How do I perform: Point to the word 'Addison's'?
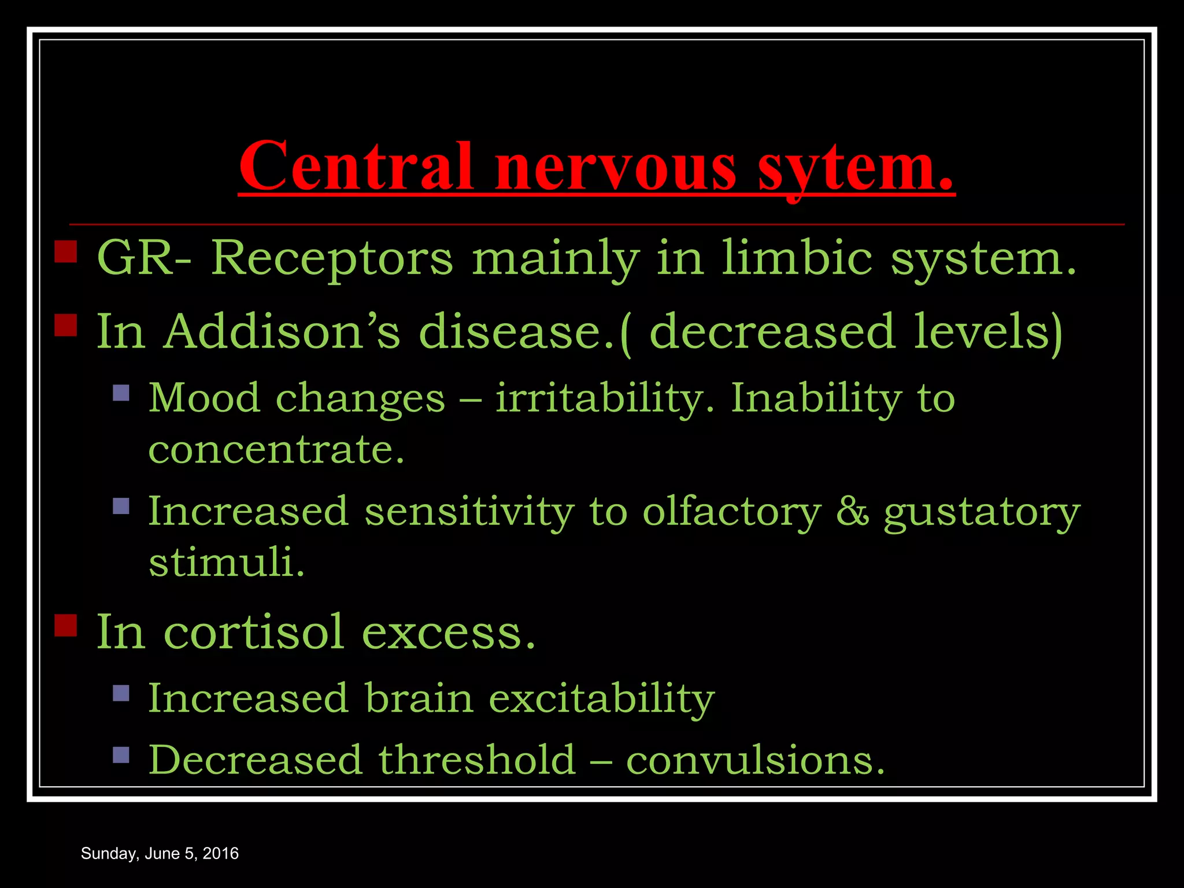(x=282, y=331)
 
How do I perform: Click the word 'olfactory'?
(x=731, y=512)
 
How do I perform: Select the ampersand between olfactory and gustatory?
(x=852, y=512)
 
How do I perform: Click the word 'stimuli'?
(x=226, y=562)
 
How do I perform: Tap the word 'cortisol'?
(x=254, y=632)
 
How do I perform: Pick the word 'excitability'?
(x=601, y=699)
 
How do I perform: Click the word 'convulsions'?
(x=755, y=760)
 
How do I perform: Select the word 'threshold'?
(x=477, y=760)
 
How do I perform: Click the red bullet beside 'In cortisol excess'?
(x=66, y=625)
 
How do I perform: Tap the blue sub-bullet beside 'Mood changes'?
(x=121, y=393)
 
